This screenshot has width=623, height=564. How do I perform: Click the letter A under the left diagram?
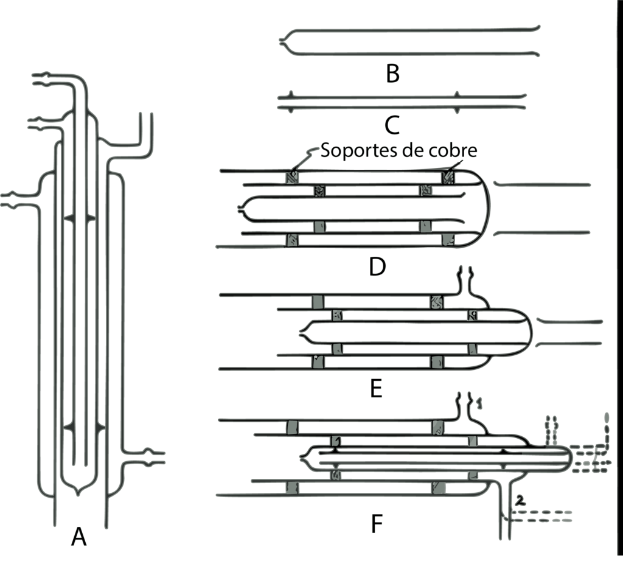(78, 537)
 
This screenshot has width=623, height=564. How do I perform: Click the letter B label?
(392, 74)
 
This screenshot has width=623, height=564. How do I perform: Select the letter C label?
(392, 125)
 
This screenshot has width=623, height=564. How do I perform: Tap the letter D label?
(377, 266)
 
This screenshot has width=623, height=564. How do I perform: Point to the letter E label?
(376, 389)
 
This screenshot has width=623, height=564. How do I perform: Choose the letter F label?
(376, 524)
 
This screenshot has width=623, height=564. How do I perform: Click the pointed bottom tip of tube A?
(78, 494)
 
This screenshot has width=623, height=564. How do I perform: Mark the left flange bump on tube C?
(290, 102)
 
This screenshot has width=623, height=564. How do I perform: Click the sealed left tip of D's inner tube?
(240, 208)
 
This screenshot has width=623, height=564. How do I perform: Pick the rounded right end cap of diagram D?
(487, 209)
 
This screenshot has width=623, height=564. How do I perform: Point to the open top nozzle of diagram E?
(465, 271)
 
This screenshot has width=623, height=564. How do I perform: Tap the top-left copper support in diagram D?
(292, 178)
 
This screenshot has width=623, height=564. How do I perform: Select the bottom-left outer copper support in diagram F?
(292, 488)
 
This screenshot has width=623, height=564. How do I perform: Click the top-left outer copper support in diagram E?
(318, 302)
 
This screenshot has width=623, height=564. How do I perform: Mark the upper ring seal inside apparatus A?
(80, 218)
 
